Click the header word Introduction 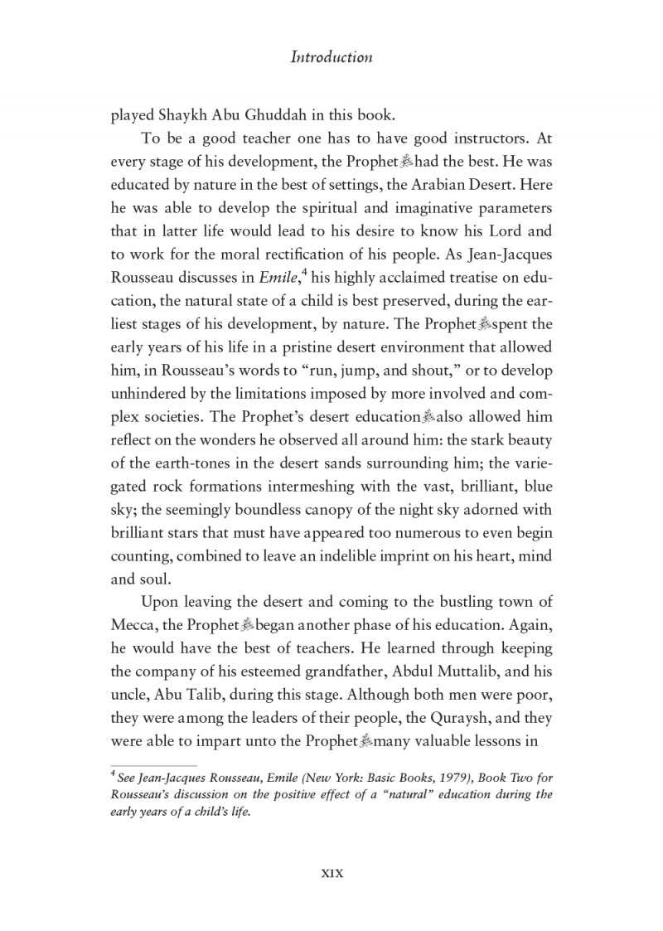point(331,57)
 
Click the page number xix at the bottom point(331,873)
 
